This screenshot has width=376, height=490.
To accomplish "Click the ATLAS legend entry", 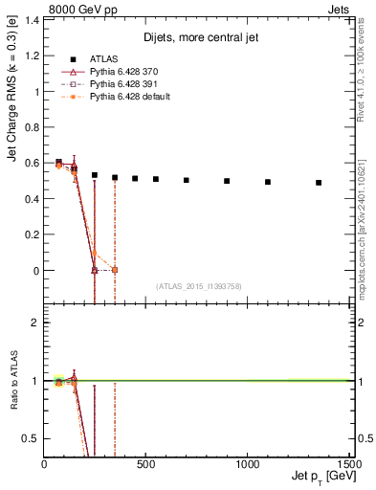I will click(x=105, y=58).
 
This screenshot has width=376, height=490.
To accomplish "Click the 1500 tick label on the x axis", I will click(x=348, y=464).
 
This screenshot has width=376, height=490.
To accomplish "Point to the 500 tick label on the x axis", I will click(x=145, y=464).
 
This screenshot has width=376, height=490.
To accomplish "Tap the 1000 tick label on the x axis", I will click(x=247, y=464).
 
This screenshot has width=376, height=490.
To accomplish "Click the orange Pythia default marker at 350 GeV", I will click(x=115, y=270).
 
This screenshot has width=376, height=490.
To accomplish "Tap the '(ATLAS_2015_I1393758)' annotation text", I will click(x=197, y=285).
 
